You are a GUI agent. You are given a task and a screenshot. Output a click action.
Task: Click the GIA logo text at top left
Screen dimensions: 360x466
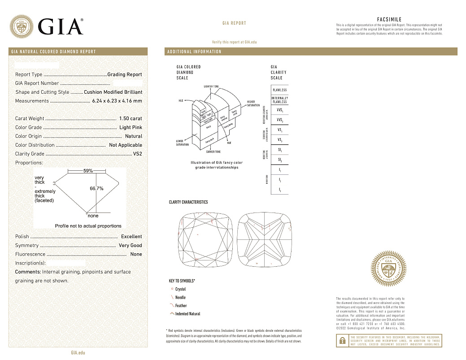point(61,27)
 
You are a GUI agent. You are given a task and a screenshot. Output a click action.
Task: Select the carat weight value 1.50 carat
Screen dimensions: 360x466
point(131,118)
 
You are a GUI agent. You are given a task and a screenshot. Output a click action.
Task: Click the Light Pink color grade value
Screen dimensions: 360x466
point(131,127)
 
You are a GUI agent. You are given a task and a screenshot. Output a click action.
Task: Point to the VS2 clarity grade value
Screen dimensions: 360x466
point(137,154)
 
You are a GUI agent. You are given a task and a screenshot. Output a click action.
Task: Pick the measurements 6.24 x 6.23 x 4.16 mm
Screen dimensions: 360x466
point(117,101)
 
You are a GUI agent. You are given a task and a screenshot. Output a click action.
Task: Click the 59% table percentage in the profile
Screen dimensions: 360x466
point(88,171)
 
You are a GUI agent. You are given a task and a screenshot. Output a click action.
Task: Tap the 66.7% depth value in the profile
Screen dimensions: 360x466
point(96,188)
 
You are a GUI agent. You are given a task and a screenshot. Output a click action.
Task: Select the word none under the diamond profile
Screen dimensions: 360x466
point(93,216)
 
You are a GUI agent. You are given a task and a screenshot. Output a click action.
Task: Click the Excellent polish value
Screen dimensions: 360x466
point(131,236)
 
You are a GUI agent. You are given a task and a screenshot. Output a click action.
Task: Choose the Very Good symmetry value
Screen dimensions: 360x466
point(130,245)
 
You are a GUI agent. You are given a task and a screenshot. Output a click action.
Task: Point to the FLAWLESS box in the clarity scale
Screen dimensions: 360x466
point(279,90)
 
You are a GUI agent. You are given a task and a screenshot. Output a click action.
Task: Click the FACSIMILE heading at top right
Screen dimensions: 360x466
point(389,20)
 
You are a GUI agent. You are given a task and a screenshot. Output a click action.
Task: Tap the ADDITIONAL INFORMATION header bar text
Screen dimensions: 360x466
point(194,52)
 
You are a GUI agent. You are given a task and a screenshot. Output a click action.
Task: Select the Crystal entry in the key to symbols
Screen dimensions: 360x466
point(180,289)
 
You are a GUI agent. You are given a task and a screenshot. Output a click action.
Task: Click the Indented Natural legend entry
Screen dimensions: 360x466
point(187,314)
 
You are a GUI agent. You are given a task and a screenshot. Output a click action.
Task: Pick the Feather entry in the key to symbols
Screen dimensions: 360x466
point(181,306)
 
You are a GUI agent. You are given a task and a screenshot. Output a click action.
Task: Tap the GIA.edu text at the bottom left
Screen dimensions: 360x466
point(78,353)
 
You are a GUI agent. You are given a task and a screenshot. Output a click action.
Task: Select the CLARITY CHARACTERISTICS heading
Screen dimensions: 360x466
point(188,202)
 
